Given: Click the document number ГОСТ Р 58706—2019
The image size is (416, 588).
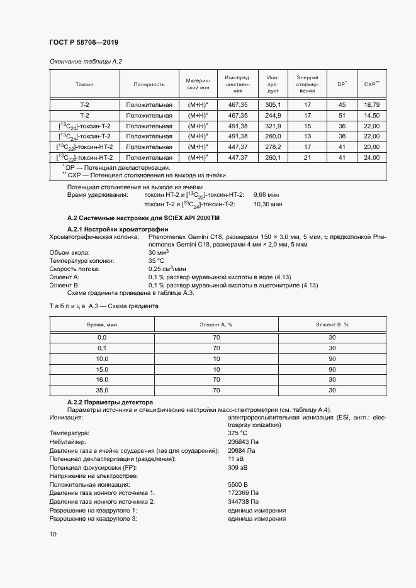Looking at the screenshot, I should click(83, 42).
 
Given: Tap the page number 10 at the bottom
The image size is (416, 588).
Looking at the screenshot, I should click(52, 534).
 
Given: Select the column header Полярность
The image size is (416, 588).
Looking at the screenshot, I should click(149, 84).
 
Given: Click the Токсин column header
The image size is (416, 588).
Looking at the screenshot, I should click(84, 84).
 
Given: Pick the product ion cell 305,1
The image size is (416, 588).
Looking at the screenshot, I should click(273, 104).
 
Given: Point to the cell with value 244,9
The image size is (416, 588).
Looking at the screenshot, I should click(273, 115).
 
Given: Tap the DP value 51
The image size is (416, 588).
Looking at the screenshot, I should click(342, 115).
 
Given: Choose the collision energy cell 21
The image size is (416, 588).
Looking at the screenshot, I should click(308, 157).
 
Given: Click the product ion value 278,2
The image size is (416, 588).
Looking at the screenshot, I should click(273, 147).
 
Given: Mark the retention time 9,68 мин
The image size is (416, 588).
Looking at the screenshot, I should click(267, 195).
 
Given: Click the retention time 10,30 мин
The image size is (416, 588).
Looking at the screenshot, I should click(267, 204).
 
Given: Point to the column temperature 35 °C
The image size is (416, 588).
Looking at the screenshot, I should click(156, 260).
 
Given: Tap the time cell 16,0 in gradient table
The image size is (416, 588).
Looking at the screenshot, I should click(102, 380).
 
